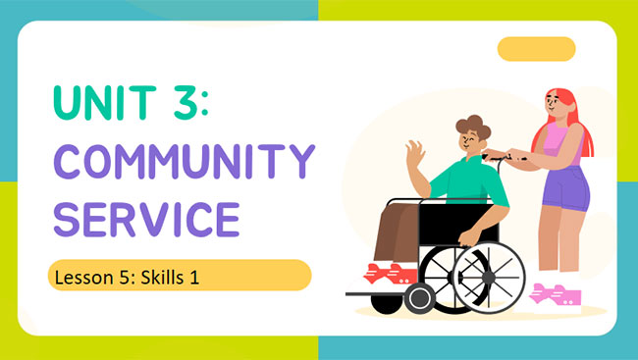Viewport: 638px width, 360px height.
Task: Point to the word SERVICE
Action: (146, 217)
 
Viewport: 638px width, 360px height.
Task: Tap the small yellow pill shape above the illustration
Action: (536, 49)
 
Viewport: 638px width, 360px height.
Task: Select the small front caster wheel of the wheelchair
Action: (420, 298)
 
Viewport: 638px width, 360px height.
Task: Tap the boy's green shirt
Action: (469, 182)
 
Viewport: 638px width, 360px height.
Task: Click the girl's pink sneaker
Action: (555, 294)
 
